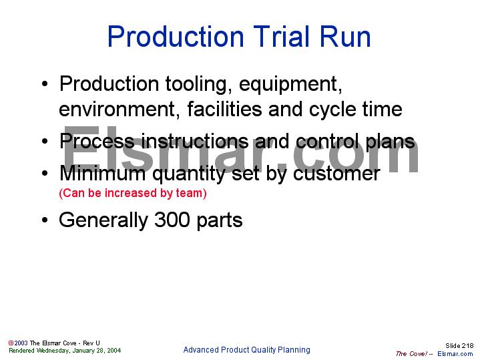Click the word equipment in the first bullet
(290, 85)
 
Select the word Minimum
(100, 173)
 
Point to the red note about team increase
(133, 194)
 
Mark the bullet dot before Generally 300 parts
(44, 220)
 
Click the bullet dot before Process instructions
(44, 142)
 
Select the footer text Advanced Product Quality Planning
(246, 350)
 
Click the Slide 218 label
(459, 345)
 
